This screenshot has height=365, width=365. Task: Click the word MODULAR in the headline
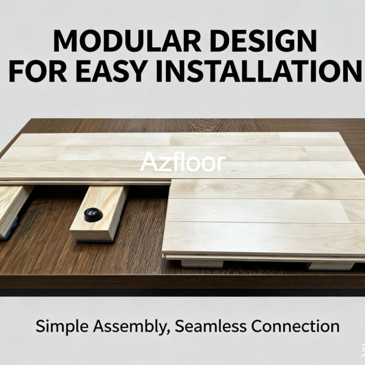(x=127, y=41)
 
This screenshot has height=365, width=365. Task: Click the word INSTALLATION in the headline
(x=259, y=71)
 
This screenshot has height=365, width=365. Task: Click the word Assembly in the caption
(x=130, y=327)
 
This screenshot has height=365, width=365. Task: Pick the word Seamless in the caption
(x=210, y=326)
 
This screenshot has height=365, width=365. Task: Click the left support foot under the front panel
(x=202, y=264)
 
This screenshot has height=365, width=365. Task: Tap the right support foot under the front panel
(x=330, y=266)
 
